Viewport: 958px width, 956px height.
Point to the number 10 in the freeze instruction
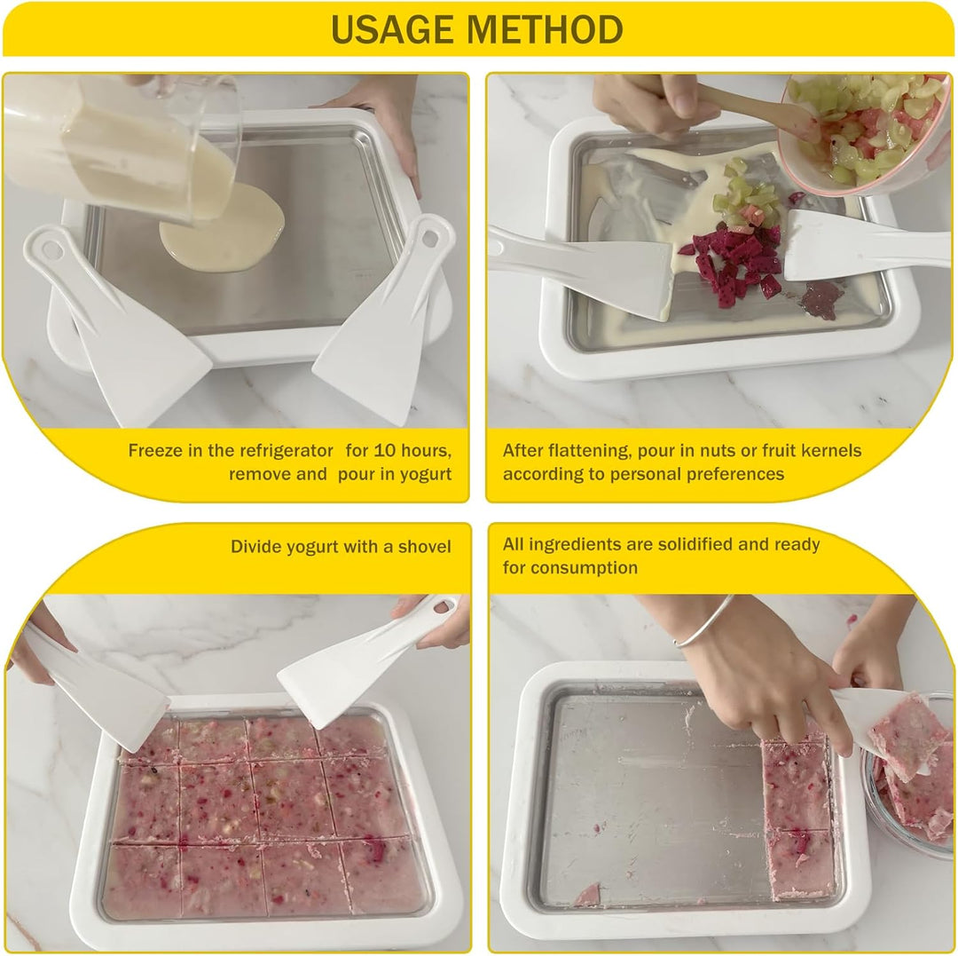[x=384, y=451]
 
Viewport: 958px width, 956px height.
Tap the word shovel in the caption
[x=425, y=547]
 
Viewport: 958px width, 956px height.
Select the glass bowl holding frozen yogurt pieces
[x=908, y=777]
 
